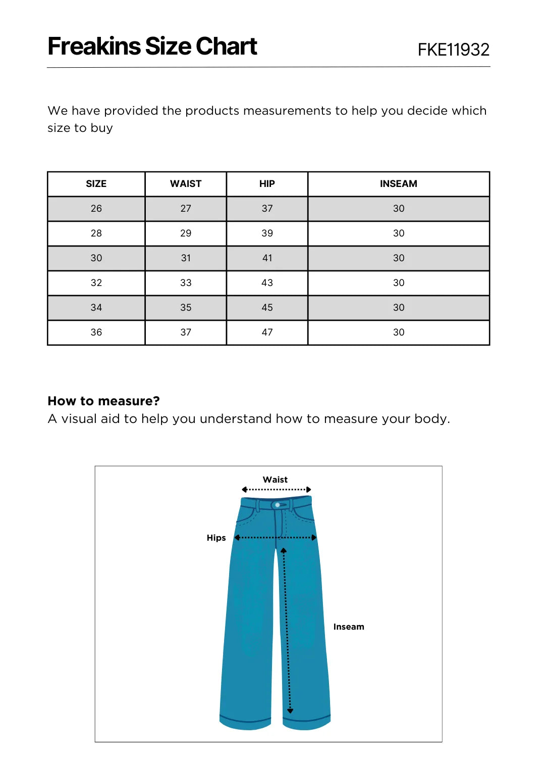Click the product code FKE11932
tap(453, 50)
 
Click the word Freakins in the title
tap(94, 46)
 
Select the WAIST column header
tap(186, 184)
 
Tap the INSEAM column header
tap(398, 184)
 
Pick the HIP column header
tap(267, 184)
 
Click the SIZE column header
tap(96, 184)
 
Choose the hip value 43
tap(267, 283)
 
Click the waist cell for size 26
tap(186, 209)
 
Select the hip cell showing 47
tap(267, 333)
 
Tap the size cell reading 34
tap(96, 308)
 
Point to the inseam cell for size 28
tap(398, 233)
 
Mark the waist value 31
tap(186, 258)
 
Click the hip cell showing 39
tap(267, 233)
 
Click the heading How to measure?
tap(103, 401)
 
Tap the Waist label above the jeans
tap(275, 480)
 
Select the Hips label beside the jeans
tap(216, 538)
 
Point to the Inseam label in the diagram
tap(348, 627)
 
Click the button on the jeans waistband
tap(278, 505)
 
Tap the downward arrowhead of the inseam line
tap(290, 710)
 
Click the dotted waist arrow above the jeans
tap(276, 490)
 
